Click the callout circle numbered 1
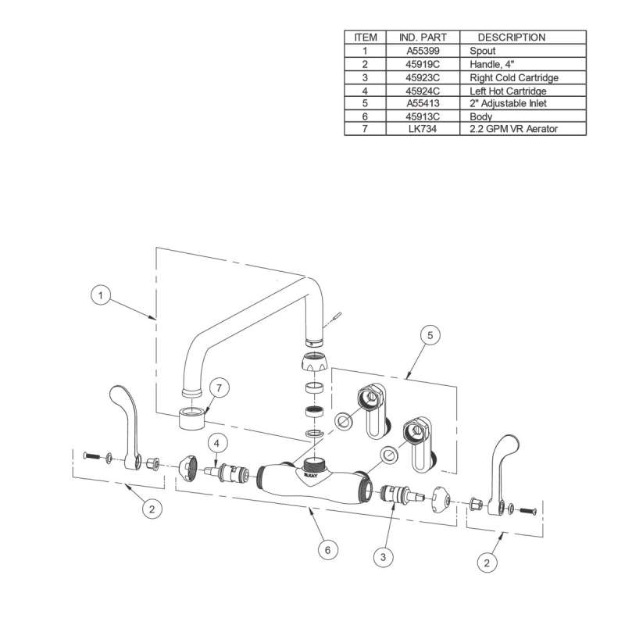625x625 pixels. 100,296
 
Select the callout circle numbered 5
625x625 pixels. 427,336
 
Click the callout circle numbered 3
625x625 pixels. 384,556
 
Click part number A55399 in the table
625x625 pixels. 423,51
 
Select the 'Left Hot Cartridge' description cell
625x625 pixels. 507,91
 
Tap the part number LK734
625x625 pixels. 423,128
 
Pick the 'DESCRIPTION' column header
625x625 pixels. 512,37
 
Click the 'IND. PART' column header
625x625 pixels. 423,37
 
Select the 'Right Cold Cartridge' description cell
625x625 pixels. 513,78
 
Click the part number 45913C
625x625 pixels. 423,116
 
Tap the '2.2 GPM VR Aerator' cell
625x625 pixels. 514,128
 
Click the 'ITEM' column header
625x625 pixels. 366,37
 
